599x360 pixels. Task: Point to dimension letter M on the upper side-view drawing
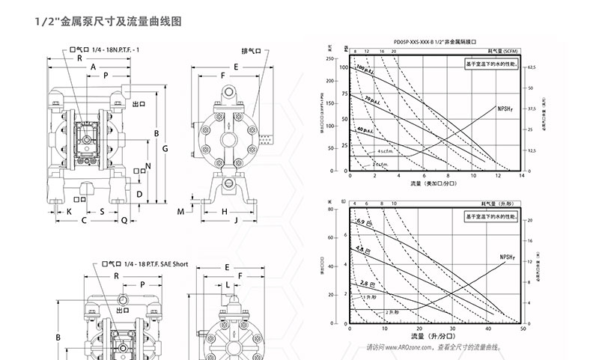click(x=181, y=212)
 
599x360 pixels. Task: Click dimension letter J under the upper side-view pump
click(x=235, y=222)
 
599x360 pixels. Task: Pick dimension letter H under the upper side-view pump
click(x=225, y=212)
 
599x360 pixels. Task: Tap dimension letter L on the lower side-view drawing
click(x=227, y=285)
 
